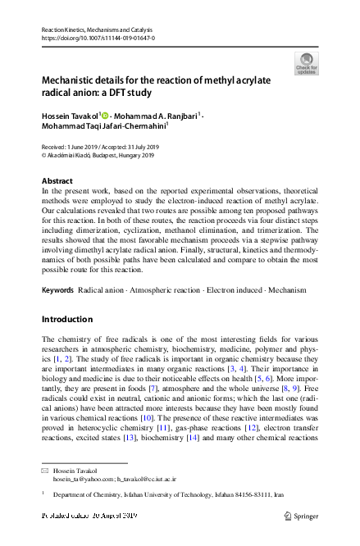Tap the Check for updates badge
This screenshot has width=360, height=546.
[304, 64]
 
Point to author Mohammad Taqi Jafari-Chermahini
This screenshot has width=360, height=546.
[103, 127]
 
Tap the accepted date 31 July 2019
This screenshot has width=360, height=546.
[135, 147]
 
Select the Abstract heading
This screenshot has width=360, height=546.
[57, 180]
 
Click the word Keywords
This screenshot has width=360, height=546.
[57, 290]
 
